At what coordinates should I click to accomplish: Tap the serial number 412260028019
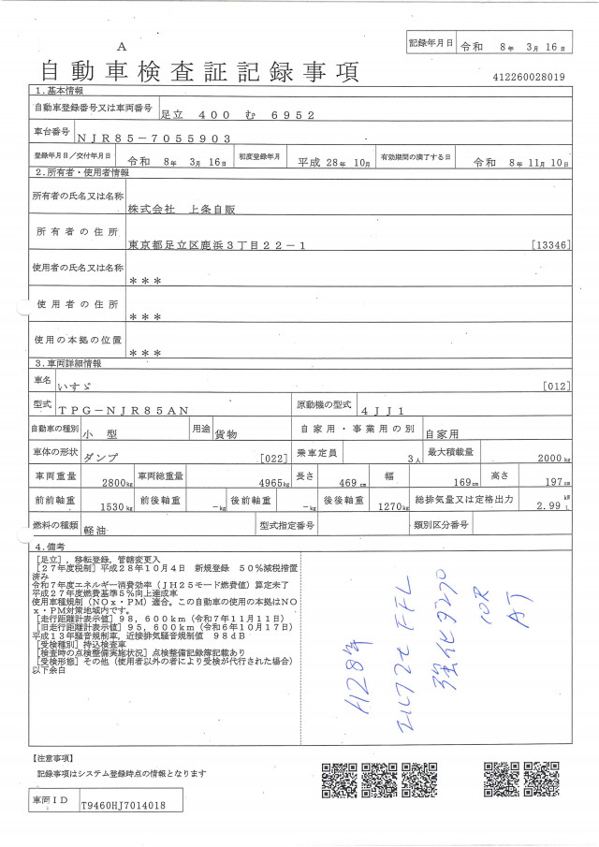527,78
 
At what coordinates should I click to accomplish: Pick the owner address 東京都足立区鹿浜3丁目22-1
216,245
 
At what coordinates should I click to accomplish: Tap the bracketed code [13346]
548,245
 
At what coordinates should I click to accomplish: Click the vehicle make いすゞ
97,386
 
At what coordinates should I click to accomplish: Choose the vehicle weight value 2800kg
118,483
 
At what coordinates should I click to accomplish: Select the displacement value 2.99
549,506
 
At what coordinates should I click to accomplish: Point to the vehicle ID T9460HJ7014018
124,804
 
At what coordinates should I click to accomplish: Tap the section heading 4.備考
51,546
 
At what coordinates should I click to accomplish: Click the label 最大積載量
450,451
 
